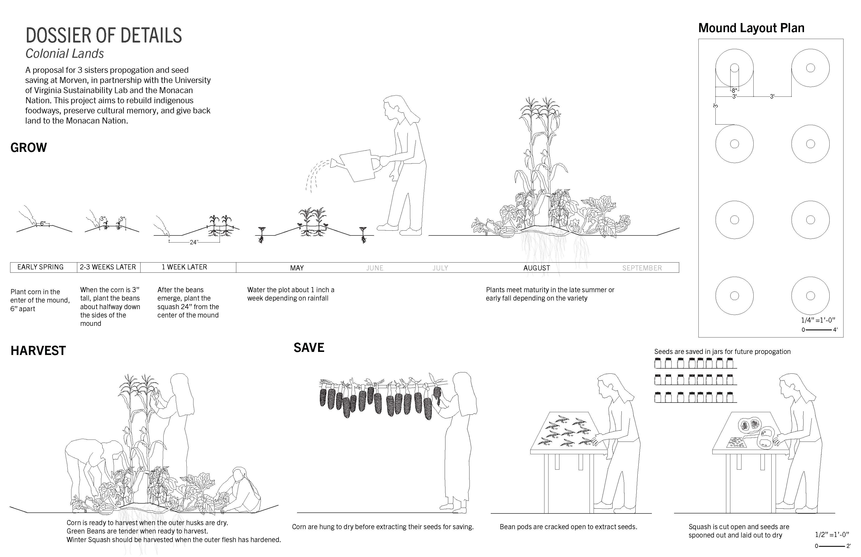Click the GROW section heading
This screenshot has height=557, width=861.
click(x=29, y=148)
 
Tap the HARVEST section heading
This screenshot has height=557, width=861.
click(x=38, y=350)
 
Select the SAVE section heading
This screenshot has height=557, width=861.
click(x=309, y=348)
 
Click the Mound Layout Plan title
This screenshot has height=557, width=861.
click(x=751, y=28)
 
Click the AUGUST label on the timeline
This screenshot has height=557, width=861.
click(x=537, y=268)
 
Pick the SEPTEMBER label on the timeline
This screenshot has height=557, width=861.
click(x=642, y=268)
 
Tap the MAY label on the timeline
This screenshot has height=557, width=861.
click(x=297, y=268)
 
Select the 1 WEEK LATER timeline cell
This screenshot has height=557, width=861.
click(x=188, y=267)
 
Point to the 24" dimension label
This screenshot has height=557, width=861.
click(x=194, y=242)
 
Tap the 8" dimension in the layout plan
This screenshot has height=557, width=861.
click(x=734, y=90)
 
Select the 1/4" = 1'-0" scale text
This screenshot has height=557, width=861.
click(x=818, y=320)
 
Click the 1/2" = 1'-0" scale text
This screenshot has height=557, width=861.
click(x=832, y=534)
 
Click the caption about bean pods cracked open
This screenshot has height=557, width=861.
click(x=568, y=527)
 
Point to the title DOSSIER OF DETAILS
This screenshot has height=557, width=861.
click(x=104, y=35)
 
